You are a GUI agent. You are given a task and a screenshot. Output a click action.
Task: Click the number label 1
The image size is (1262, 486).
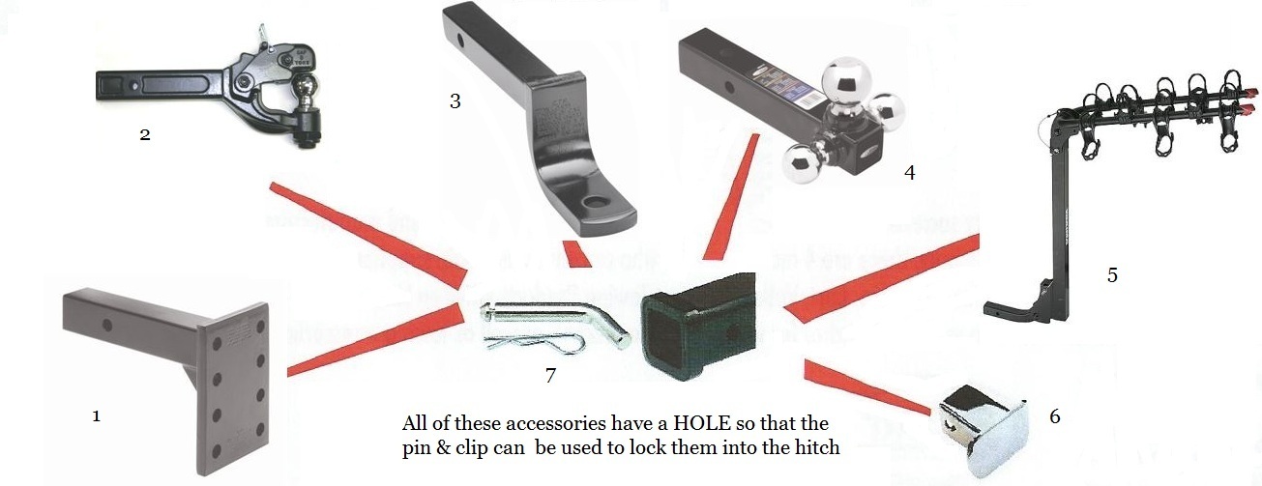[x=96, y=416]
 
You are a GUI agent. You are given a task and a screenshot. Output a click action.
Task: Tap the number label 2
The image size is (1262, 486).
[x=144, y=134]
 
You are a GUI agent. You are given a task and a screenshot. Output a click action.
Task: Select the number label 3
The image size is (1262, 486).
[x=455, y=100]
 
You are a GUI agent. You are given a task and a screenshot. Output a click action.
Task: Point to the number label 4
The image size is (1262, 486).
[x=908, y=173]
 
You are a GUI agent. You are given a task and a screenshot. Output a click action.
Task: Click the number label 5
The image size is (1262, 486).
[x=1112, y=275]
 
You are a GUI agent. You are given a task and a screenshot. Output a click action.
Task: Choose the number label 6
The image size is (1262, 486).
[x=1054, y=416]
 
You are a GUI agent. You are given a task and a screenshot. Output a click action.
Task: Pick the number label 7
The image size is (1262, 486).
[x=550, y=375]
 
